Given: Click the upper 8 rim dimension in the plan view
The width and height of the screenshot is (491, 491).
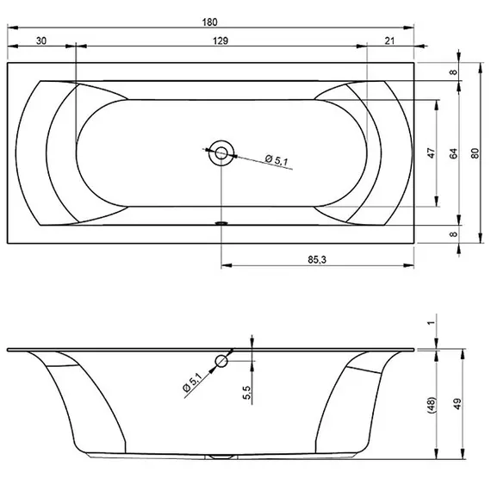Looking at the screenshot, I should pos(453,72).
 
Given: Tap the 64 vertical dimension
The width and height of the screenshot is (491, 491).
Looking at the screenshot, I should pos(453,153).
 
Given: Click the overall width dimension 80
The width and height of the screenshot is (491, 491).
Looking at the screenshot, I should pos(475,153).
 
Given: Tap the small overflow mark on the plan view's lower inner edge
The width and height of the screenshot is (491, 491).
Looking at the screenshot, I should pos(221,221).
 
